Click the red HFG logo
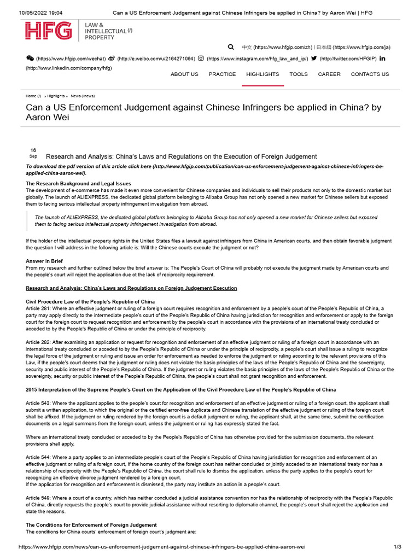pyautogui.click(x=48, y=31)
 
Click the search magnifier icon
pyautogui.click(x=231, y=47)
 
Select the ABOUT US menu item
pyautogui.click(x=184, y=74)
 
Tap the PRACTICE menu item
pyautogui.click(x=222, y=74)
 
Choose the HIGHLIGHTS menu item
pyautogui.click(x=262, y=74)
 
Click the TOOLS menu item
pyautogui.click(x=299, y=74)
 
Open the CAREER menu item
pyautogui.click(x=329, y=74)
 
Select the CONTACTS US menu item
pyautogui.click(x=370, y=74)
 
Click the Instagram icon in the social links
pyautogui.click(x=201, y=59)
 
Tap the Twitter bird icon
pyautogui.click(x=313, y=59)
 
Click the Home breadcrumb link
pyautogui.click(x=31, y=96)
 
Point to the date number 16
pyautogui.click(x=33, y=150)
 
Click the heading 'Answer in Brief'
pyautogui.click(x=44, y=261)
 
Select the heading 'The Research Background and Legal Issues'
pyautogui.click(x=78, y=183)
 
